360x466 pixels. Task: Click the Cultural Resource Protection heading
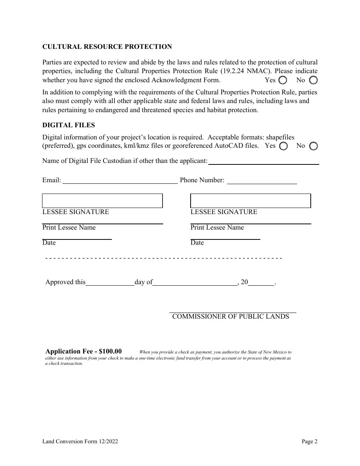pos(107,47)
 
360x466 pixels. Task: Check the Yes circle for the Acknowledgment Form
pos(283,80)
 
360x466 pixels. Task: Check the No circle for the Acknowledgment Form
pos(313,80)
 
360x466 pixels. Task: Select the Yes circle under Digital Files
pos(283,146)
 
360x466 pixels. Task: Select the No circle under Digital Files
pos(313,146)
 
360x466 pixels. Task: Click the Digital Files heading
pos(69,125)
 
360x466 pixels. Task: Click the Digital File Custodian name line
pos(264,161)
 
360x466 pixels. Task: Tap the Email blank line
pos(120,181)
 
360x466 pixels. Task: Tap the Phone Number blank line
pos(261,181)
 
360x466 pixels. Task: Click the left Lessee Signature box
pos(102,201)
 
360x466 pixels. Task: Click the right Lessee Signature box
pos(250,201)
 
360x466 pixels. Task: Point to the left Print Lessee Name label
pos(69,227)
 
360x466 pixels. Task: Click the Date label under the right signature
pos(197,242)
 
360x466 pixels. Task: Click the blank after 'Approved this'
pos(110,282)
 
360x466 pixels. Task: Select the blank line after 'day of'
pos(195,282)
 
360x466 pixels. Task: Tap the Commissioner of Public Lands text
pos(230,316)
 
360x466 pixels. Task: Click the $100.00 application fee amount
pos(110,351)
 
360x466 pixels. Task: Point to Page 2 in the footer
pos(310,441)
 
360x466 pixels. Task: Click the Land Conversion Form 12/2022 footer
pos(80,441)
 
